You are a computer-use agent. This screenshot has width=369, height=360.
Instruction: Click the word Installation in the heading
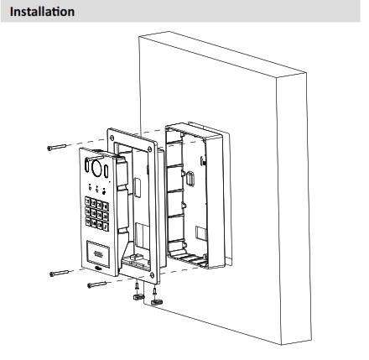[42, 12]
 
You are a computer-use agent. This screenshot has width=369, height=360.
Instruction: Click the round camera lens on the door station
[97, 168]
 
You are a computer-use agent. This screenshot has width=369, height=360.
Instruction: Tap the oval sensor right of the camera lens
[106, 171]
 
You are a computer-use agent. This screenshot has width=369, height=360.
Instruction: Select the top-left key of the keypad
[88, 201]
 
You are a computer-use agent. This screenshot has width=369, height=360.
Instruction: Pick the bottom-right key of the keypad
[106, 227]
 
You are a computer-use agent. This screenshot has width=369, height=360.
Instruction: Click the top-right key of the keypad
[106, 206]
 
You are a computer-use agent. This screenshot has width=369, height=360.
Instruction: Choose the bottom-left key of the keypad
[88, 221]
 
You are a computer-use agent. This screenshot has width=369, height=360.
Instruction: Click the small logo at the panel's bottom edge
[98, 269]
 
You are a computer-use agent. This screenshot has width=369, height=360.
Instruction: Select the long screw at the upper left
[57, 148]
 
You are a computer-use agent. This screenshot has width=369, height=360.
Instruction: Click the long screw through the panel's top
[94, 159]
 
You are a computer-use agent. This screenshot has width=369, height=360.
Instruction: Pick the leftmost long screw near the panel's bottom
[59, 274]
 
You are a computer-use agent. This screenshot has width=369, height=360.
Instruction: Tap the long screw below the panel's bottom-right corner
[97, 284]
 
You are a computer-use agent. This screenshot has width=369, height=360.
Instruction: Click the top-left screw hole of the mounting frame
[112, 138]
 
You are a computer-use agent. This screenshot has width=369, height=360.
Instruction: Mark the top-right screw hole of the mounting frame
[149, 149]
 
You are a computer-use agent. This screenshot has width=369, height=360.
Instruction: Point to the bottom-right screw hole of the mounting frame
[153, 275]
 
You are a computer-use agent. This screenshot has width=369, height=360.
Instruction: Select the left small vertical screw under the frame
[137, 287]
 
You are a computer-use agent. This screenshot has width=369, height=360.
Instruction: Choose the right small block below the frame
[156, 302]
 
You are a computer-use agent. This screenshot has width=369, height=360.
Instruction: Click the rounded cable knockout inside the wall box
[190, 178]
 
